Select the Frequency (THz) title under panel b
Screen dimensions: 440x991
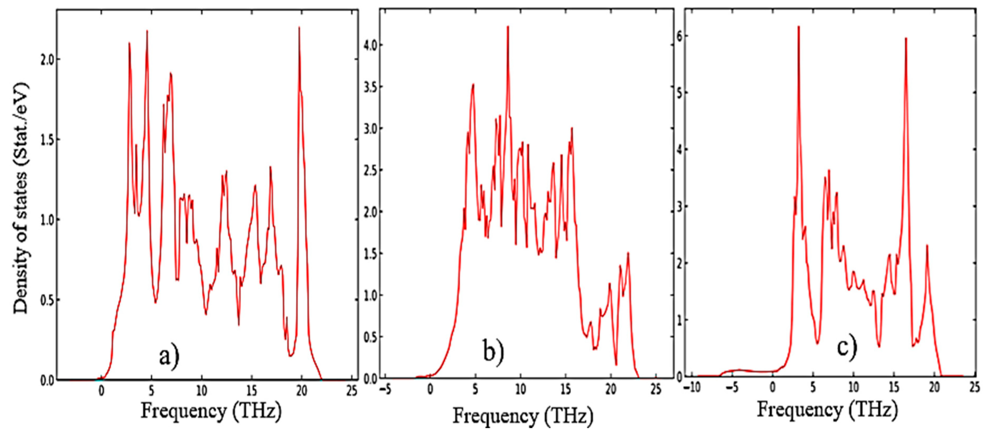click(523, 416)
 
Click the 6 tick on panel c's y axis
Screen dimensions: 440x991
click(680, 36)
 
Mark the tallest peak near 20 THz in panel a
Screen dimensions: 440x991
click(299, 28)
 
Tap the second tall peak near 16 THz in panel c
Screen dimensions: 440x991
click(906, 39)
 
